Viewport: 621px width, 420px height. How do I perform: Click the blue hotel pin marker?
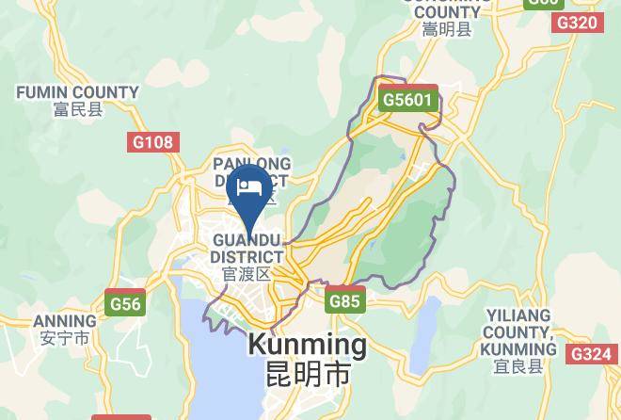(249, 188)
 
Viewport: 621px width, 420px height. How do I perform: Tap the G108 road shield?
(151, 142)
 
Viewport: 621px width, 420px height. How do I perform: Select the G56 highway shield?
(125, 303)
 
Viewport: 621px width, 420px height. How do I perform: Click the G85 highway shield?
(344, 302)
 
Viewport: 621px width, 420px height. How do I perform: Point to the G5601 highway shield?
(408, 99)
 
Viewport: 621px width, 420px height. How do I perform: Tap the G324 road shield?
(591, 353)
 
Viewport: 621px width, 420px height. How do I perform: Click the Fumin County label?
(77, 92)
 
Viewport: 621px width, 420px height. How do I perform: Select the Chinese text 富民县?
(77, 108)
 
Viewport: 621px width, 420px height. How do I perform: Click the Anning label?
(64, 320)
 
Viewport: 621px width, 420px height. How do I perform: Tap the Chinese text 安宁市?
(64, 337)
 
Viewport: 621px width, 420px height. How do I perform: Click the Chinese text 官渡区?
(247, 274)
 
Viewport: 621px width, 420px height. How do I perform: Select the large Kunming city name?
(307, 345)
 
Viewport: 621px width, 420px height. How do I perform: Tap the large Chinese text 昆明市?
(307, 373)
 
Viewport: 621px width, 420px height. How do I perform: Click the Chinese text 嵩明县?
(447, 30)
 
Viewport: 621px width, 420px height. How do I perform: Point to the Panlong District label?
(252, 172)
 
